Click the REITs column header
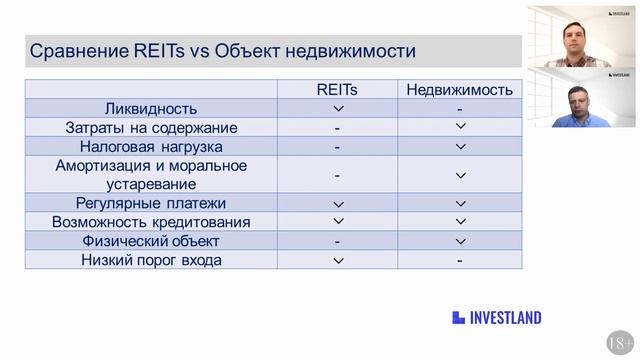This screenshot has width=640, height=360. click(x=337, y=89)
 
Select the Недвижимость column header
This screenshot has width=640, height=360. click(x=460, y=89)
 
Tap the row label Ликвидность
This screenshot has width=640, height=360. click(x=151, y=108)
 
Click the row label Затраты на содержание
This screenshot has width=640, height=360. click(x=151, y=127)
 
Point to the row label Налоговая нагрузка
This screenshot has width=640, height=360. click(x=151, y=146)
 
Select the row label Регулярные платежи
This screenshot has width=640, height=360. click(x=151, y=203)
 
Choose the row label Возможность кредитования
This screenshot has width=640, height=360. click(x=151, y=222)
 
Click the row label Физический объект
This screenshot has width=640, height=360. click(x=151, y=241)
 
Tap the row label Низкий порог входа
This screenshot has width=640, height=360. click(x=151, y=260)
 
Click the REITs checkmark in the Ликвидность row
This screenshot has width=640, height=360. click(x=337, y=108)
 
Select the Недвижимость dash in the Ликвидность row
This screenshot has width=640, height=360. click(x=460, y=108)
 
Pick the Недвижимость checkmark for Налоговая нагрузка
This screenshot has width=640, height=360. click(x=460, y=146)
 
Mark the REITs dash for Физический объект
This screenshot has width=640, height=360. click(x=337, y=241)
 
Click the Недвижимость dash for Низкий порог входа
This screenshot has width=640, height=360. click(x=460, y=260)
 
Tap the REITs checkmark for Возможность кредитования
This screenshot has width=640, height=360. click(x=337, y=222)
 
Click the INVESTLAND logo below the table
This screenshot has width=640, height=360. click(x=496, y=318)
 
